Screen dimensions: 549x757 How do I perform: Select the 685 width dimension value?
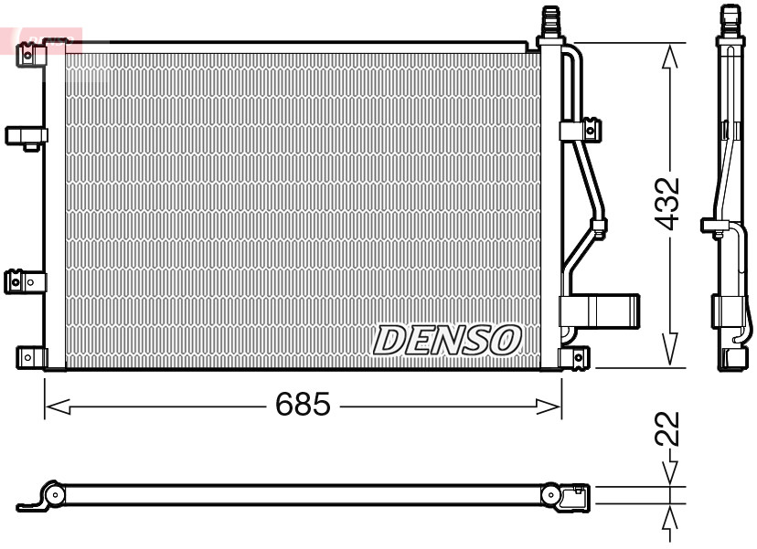click(303, 405)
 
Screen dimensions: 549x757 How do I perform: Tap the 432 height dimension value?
click(669, 202)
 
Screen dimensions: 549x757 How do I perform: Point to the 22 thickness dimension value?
click(669, 428)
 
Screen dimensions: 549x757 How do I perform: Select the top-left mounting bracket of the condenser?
click(32, 56)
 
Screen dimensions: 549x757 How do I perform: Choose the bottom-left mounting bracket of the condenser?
click(31, 357)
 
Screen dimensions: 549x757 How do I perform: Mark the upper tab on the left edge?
click(26, 136)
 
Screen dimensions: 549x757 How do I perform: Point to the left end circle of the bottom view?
click(55, 495)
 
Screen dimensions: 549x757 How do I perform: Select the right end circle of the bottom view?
click(551, 495)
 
